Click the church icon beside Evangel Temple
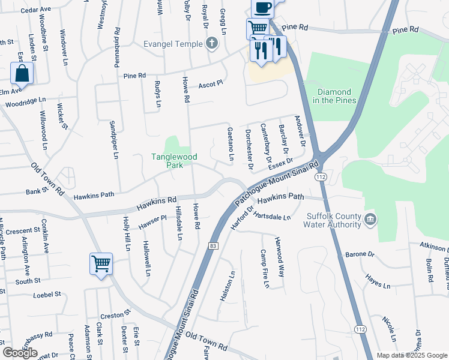pos(211,43)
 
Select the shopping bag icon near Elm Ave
pos(22,74)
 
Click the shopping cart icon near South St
pos(101,263)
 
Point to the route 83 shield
pos(213,246)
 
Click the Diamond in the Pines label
pos(337,96)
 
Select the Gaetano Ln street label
pos(231,144)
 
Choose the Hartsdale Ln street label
pos(272,215)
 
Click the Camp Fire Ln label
pos(264,268)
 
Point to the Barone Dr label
pos(360,254)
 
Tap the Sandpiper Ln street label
pos(112,140)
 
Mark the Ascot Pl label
pos(211,83)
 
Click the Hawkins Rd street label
pos(156,203)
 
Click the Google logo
pos(20,353)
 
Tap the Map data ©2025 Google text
pos(412,355)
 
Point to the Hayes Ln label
pos(378,281)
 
